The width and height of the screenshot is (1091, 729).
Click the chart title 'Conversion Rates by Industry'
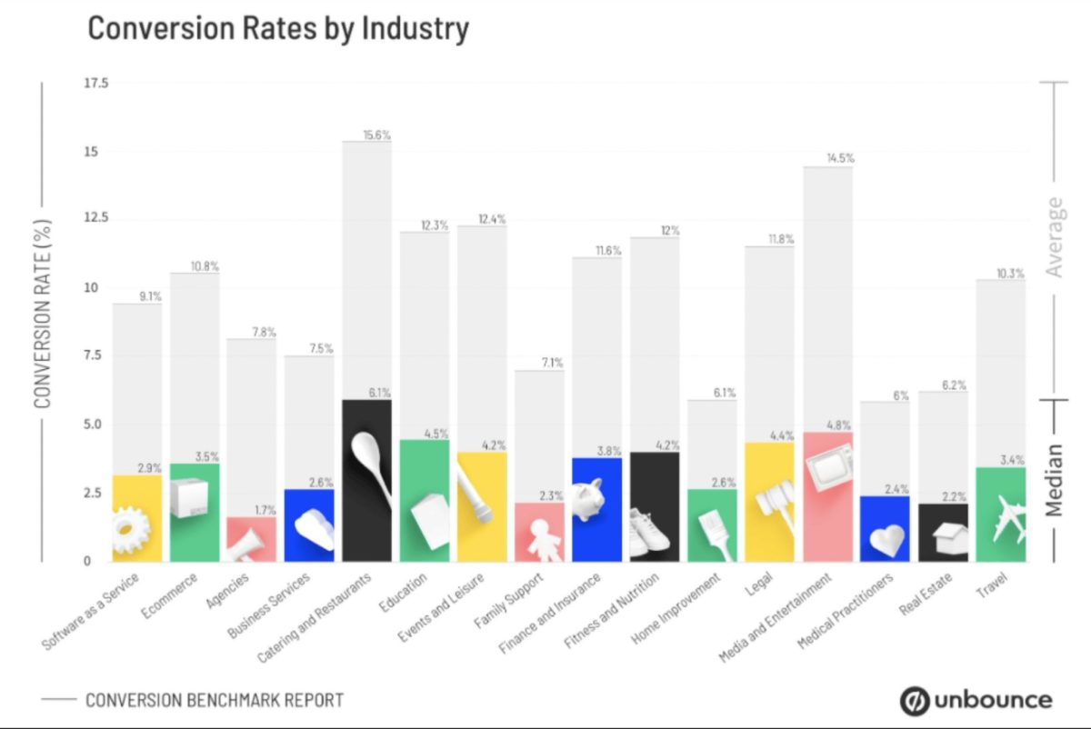277,28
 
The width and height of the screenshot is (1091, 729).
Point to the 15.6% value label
377,135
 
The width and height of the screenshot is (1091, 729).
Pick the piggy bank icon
588,499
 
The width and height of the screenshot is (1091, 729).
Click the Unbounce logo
976,700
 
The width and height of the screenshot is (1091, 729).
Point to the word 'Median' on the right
1055,480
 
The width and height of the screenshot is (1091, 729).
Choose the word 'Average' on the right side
1055,236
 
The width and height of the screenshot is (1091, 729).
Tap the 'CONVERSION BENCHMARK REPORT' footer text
215,700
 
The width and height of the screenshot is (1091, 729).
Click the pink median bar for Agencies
251,538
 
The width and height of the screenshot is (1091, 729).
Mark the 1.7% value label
264,509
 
